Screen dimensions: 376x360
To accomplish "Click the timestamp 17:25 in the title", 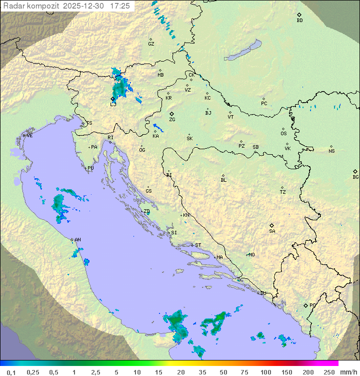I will pos(120,6).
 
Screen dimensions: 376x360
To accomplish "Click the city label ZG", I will pos(172,120).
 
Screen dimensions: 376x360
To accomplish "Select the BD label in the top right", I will pos(299,21).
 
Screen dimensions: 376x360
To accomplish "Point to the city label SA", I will pos(272,231).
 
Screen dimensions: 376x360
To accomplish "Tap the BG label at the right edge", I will pos(355,177).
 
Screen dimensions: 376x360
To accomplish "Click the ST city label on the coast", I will pos(198,245).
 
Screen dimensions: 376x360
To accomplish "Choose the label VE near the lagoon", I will pos(29,136).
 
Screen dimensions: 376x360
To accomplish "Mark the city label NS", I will pos(331,151).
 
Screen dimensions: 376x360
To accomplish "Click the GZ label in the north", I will pos(151,44).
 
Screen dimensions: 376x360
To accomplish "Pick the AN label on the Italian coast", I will pos(77,240).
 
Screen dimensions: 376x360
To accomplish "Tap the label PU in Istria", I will pos(90,168).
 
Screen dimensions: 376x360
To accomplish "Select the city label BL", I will pos(223,180).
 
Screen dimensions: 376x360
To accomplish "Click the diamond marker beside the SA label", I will pos(272,225).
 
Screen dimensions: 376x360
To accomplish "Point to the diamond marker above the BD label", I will pos(299,15).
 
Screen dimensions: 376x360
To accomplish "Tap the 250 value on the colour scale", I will pos(329,372).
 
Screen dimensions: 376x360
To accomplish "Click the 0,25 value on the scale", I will pos(33,372).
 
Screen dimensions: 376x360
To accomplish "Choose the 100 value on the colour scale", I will pos(266,372).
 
